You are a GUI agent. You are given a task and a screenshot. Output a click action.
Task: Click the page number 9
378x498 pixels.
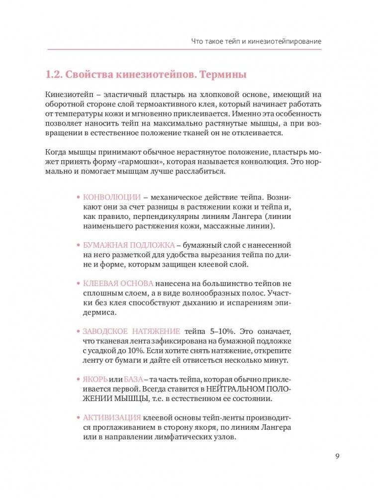(x=337, y=456)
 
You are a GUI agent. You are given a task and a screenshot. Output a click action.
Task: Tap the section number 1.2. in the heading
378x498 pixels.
(x=53, y=75)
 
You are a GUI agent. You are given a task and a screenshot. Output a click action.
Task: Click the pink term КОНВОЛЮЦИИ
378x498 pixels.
(x=112, y=197)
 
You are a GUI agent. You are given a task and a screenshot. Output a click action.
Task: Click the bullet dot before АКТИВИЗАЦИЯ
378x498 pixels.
(x=78, y=418)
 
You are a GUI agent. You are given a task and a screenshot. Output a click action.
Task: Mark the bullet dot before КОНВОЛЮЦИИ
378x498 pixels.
(x=78, y=197)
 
